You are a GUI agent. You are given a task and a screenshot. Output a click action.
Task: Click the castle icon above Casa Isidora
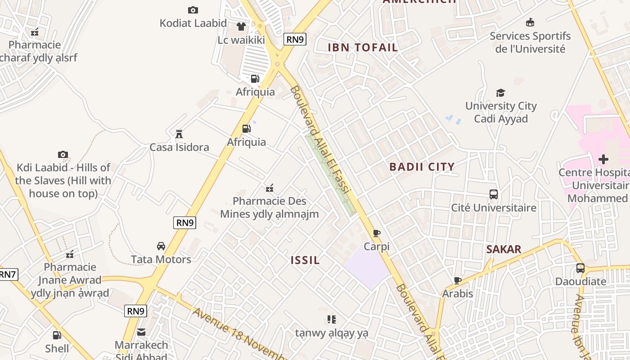click(179, 134)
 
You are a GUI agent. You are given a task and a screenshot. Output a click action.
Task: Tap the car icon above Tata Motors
click(161, 246)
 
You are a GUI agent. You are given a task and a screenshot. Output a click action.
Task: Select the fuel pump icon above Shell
click(57, 335)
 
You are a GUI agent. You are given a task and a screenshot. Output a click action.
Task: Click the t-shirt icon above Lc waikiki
click(241, 27)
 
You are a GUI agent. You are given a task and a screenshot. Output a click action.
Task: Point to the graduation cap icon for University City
click(500, 93)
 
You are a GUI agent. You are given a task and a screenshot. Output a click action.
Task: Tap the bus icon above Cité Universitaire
click(494, 194)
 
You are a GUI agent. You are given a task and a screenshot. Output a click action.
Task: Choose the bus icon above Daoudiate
click(580, 268)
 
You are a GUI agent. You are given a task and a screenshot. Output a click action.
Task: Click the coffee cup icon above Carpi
click(377, 233)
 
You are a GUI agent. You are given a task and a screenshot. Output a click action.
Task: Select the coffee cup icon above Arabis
click(458, 280)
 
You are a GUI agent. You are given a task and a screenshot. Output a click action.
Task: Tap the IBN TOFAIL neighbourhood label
click(363, 48)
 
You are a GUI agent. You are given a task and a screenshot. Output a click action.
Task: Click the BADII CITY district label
click(422, 167)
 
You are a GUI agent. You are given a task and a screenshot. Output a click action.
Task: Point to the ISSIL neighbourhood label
click(305, 260)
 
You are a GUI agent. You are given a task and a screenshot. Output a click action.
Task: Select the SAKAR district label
click(504, 249)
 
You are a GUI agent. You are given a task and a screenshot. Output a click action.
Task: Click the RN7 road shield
click(8, 274)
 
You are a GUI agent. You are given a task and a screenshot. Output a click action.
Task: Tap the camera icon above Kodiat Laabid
click(193, 10)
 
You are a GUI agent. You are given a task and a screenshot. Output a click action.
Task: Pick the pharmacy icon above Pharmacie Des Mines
click(270, 188)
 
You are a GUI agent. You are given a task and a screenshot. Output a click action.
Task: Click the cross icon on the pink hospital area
click(603, 159)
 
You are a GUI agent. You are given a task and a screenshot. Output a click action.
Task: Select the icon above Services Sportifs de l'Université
click(530, 22)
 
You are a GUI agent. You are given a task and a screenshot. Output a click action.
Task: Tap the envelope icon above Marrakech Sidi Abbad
click(141, 332)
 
